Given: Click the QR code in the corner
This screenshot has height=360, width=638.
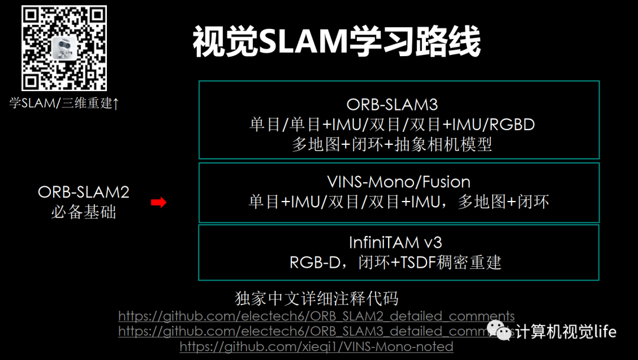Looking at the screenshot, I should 64,48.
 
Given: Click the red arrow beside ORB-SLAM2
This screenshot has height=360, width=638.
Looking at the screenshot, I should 158,203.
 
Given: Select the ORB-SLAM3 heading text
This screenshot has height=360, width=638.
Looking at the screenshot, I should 392,105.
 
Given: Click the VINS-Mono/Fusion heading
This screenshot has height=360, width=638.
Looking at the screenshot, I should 399,181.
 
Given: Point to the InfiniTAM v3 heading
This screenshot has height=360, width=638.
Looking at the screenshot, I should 395,242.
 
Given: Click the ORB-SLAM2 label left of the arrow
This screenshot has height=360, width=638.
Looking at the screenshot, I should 83,192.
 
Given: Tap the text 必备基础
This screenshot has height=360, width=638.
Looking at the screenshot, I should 83,212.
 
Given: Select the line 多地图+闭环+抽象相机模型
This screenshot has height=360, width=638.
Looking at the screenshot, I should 392,144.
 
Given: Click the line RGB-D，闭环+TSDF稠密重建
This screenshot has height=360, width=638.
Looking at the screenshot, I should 395,262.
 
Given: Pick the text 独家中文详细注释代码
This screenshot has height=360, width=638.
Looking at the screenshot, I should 317,297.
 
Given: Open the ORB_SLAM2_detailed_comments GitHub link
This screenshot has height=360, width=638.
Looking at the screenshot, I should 317,316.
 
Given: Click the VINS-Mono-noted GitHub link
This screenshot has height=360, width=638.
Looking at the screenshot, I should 317,346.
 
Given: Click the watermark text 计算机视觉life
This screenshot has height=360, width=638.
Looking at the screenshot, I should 566,332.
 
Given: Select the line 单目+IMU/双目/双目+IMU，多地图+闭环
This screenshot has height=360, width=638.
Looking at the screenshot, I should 399,202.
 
